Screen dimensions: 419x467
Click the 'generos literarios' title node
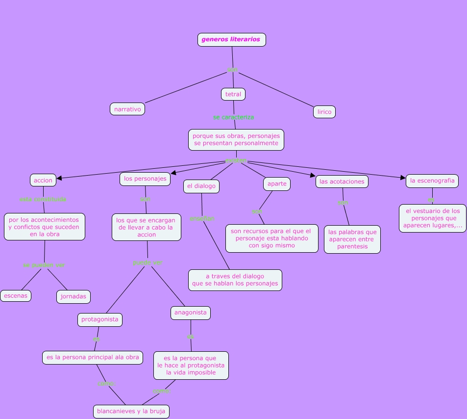tap(231, 40)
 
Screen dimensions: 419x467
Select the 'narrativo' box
tap(127, 109)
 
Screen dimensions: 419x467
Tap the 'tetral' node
tap(233, 94)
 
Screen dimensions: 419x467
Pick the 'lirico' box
tap(324, 112)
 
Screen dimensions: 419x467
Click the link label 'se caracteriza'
tap(233, 117)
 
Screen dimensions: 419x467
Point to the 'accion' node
tap(43, 180)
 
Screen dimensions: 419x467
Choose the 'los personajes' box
tap(145, 179)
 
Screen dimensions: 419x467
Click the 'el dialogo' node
tap(201, 186)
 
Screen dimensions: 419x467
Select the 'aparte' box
tap(277, 184)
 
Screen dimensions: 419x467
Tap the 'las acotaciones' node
tap(342, 182)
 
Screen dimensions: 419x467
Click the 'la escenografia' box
tap(432, 181)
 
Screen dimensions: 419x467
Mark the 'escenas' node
tap(16, 296)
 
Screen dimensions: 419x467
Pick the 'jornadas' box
tap(74, 296)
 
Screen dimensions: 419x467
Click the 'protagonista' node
tap(99, 319)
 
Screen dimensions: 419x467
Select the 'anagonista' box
tap(191, 313)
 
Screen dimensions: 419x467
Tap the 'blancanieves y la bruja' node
tap(131, 411)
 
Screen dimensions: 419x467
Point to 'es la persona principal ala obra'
tap(93, 357)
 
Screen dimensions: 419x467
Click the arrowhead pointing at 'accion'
tap(59, 179)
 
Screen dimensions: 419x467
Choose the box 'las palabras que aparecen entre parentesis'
tap(352, 239)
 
